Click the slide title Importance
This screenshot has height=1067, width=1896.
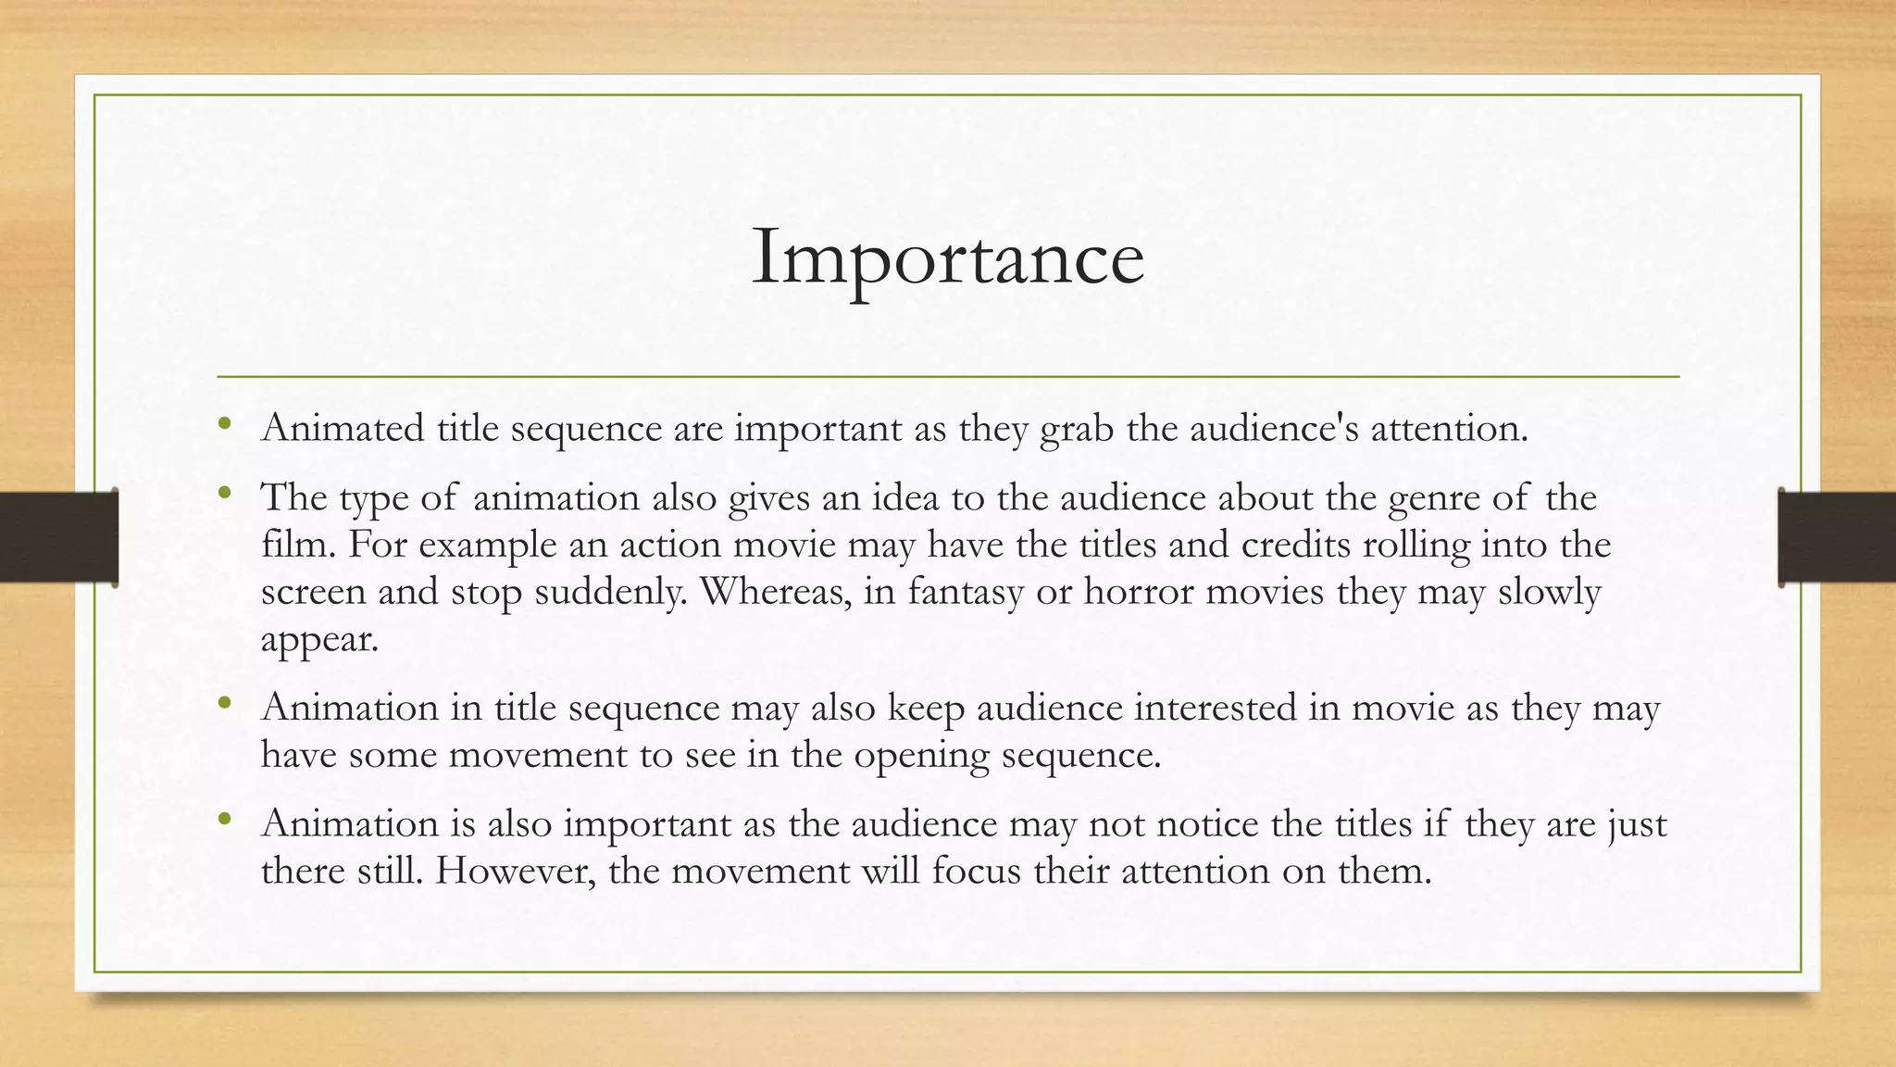[x=947, y=257]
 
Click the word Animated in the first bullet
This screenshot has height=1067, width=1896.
[x=342, y=428]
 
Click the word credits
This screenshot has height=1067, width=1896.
[x=1295, y=545]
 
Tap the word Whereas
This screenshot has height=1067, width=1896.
[x=775, y=592]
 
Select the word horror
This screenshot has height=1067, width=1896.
[x=1139, y=592]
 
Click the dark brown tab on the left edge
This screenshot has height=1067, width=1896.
[x=58, y=537]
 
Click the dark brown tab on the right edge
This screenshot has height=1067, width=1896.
[x=1837, y=537]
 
